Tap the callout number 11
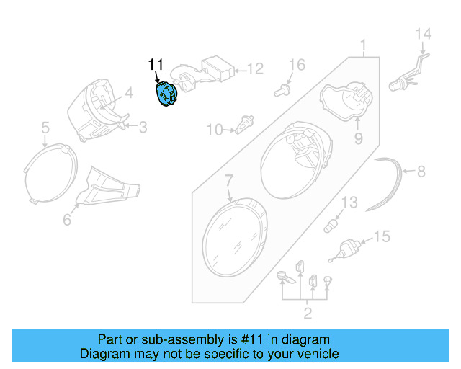point(156,66)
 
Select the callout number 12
point(256,69)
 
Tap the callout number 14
point(423,33)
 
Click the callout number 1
point(364,48)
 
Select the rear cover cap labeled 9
point(344,101)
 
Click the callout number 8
point(421,172)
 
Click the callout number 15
point(381,236)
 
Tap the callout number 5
point(45,128)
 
